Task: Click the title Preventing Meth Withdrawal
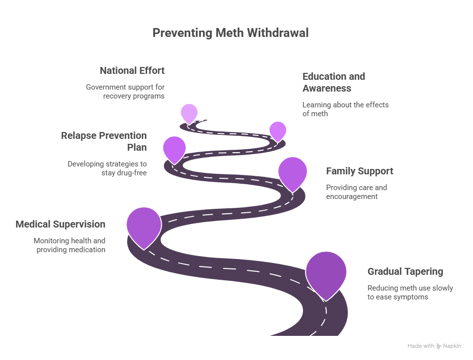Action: point(230,33)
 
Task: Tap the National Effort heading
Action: point(132,70)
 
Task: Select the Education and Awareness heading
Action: point(334,82)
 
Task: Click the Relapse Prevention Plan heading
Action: point(104,141)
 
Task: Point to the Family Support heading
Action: point(360,171)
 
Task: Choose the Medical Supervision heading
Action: point(61,224)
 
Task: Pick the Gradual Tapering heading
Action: point(405,271)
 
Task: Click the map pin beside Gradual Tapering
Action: point(326,272)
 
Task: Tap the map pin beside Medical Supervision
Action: point(144,226)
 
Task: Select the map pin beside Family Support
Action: point(293,171)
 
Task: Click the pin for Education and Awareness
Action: point(278,131)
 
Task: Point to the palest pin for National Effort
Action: point(189,113)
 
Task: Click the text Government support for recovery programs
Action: point(126,91)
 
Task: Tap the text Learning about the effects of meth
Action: point(345,109)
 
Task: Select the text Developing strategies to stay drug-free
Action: point(107,168)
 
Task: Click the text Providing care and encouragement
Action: point(356,192)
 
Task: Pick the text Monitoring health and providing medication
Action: point(70,245)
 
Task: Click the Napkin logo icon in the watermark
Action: point(439,346)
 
